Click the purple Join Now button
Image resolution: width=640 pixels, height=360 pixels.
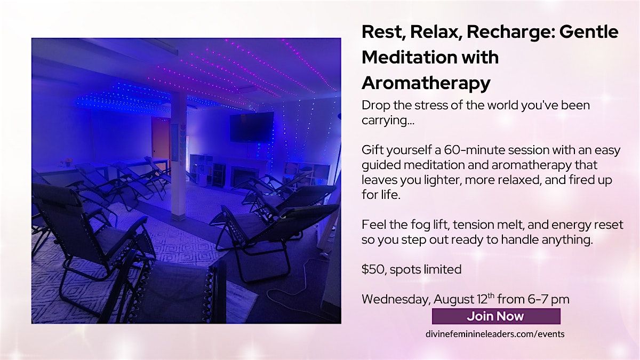(x=496, y=316)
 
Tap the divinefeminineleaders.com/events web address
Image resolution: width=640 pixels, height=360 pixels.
(x=495, y=334)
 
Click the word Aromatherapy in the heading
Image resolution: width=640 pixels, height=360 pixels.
(x=426, y=83)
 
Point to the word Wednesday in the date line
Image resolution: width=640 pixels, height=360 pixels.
(x=396, y=299)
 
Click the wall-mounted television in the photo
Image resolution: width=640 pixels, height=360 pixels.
(x=252, y=127)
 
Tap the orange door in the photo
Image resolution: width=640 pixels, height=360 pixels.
(x=161, y=141)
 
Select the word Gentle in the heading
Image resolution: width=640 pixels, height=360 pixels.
(x=589, y=31)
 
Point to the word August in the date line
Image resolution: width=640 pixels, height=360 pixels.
(x=454, y=299)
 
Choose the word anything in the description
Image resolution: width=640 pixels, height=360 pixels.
(x=567, y=239)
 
